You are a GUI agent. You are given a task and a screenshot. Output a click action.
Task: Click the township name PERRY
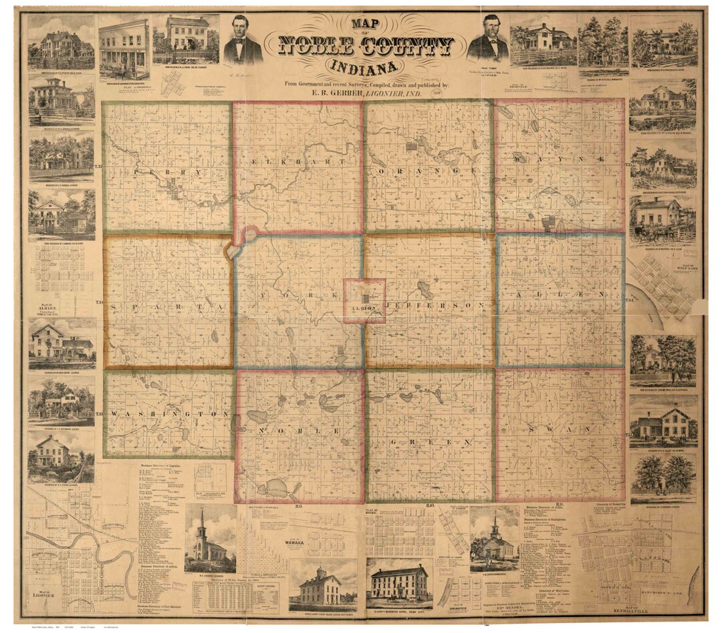tap(167, 172)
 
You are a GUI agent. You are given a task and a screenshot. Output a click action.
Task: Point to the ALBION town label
tap(364, 308)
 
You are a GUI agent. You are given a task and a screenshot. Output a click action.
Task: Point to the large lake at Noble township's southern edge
tap(276, 489)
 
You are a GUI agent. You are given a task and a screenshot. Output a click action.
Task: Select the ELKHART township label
tap(297, 162)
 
